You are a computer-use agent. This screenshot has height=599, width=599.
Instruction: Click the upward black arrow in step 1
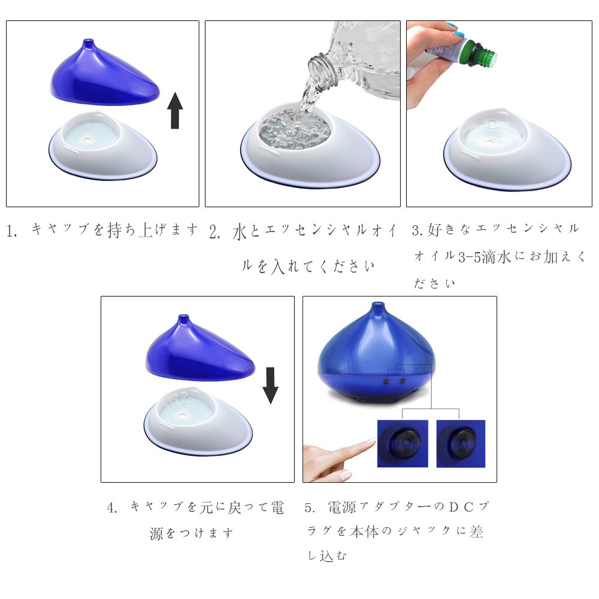[175, 110]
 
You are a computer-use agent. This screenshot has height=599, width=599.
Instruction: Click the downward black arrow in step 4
[271, 385]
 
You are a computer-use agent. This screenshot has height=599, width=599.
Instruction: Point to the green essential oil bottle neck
[483, 54]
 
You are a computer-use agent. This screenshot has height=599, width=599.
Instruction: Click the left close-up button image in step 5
[403, 443]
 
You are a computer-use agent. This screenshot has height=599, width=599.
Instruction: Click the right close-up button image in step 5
[461, 443]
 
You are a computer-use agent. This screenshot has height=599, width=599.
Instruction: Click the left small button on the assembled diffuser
[387, 382]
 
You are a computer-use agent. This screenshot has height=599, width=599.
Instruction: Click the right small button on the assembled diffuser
[403, 381]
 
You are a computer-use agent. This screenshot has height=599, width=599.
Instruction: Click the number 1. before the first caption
[12, 231]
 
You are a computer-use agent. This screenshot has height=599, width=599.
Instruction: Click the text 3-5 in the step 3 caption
[469, 258]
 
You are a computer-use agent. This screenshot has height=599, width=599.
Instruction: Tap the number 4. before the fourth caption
[113, 508]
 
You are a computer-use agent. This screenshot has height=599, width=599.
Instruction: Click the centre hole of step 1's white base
[87, 140]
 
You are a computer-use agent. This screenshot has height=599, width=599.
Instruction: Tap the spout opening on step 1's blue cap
[89, 40]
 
